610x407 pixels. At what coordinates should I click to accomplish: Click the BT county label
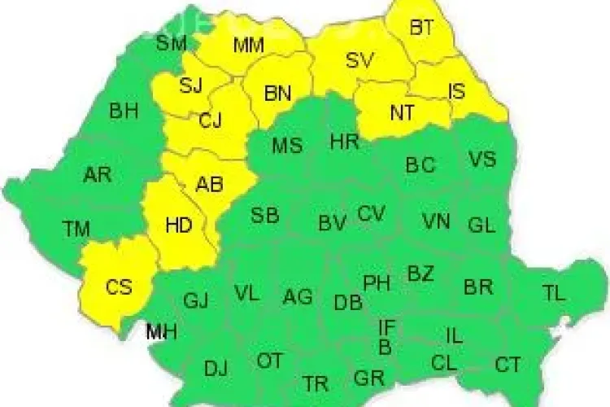pos(421,28)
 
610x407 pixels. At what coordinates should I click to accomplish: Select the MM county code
pos(248,46)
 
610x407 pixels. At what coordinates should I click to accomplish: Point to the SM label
pos(172,42)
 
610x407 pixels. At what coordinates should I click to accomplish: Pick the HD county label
pos(178,224)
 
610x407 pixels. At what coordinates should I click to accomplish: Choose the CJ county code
pos(210,121)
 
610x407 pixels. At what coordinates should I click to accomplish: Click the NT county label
pos(402,113)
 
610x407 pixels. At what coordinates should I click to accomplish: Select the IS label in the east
pos(457,91)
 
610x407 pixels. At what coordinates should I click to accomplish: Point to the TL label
pos(554,294)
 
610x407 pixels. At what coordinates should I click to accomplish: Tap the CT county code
pos(508,365)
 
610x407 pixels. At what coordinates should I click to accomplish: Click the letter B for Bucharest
pos(386,348)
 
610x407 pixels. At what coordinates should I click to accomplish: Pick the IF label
pos(387,328)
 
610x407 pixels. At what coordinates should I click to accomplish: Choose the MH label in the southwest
pos(162,331)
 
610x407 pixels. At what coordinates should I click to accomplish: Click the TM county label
pos(76,230)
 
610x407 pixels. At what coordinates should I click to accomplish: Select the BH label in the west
pos(124,111)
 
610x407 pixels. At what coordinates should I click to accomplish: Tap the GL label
pos(481,225)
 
